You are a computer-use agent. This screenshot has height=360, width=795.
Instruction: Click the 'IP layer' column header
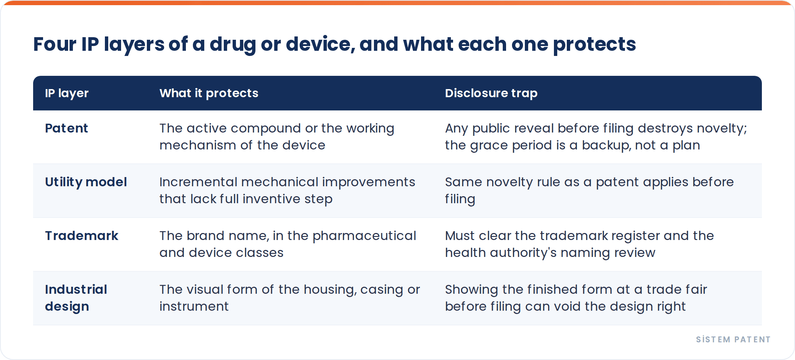click(x=67, y=93)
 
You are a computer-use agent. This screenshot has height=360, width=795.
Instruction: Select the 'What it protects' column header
click(x=209, y=93)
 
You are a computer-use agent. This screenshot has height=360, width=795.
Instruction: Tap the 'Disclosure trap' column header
click(x=491, y=93)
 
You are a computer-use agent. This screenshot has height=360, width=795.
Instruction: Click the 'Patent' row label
click(x=66, y=128)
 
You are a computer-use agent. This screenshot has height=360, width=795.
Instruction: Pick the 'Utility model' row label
click(x=86, y=182)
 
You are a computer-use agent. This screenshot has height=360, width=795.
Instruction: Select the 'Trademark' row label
click(x=81, y=236)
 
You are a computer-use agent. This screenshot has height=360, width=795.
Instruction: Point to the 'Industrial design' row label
click(x=76, y=298)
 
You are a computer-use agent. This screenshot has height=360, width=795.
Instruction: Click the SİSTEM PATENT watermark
click(x=733, y=339)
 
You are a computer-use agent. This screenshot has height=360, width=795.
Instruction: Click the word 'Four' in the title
click(x=54, y=44)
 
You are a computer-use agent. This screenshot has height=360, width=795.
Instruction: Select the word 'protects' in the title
click(x=594, y=45)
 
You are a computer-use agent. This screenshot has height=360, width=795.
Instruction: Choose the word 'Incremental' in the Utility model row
click(x=198, y=182)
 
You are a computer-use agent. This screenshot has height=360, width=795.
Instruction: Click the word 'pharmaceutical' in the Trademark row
click(x=364, y=236)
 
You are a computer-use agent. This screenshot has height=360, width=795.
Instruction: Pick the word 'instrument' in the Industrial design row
click(x=194, y=306)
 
